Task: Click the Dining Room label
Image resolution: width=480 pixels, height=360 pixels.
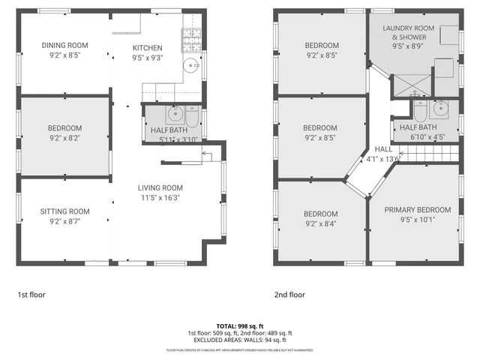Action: point(64,45)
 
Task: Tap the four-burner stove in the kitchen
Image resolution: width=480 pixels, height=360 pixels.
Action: point(187,37)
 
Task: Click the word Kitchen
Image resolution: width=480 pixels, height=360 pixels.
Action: point(147,48)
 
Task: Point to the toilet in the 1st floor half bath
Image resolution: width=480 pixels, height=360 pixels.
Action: point(191,118)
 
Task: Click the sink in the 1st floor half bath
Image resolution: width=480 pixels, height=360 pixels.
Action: point(175,115)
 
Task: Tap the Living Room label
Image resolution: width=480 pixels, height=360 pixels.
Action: point(160,187)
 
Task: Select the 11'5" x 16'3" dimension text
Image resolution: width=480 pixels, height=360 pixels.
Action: point(160,197)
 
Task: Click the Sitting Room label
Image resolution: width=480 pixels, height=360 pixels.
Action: point(64,211)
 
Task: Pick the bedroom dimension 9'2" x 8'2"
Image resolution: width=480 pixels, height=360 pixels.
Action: point(64,138)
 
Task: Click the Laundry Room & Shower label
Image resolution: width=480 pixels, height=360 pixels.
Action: point(408,32)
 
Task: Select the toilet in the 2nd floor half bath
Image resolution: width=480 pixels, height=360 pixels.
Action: point(419,111)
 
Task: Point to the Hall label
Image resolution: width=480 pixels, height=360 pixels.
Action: point(383,148)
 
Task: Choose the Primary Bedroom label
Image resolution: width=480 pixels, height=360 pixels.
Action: point(418,210)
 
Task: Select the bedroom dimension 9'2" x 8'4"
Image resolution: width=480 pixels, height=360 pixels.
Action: point(321,223)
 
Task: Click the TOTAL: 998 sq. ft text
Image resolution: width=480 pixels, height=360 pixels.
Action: point(240,325)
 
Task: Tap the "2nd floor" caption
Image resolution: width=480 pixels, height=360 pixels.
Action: point(289,295)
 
